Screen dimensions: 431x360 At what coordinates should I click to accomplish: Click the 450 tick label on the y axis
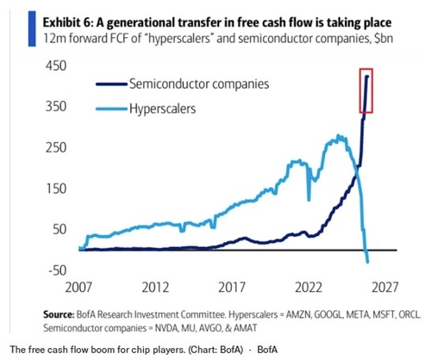point(56,65)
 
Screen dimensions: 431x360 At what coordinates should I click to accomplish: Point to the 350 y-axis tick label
point(56,107)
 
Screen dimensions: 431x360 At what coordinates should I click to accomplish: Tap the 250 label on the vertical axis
point(56,147)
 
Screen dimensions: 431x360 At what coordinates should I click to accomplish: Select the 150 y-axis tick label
point(56,189)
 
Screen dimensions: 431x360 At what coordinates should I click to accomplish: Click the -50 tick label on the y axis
point(58,270)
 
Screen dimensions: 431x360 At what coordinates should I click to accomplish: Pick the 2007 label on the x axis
point(78,288)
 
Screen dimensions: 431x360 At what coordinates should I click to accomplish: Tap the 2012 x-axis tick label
point(155,288)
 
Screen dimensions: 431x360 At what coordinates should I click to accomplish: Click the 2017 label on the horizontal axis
point(232,288)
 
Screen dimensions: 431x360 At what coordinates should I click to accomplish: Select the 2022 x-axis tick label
point(309,288)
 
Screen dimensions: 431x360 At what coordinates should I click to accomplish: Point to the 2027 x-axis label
point(385,288)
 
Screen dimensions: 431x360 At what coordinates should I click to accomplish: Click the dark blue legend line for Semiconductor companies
point(111,84)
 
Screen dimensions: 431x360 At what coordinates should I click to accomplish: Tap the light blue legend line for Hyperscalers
point(111,109)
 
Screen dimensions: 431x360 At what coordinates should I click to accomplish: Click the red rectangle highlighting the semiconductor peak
point(360,90)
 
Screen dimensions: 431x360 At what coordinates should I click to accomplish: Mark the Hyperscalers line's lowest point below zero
point(367,262)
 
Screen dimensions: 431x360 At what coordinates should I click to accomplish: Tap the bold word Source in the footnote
point(59,314)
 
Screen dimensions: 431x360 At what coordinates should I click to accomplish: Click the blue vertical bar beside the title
point(32,28)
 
